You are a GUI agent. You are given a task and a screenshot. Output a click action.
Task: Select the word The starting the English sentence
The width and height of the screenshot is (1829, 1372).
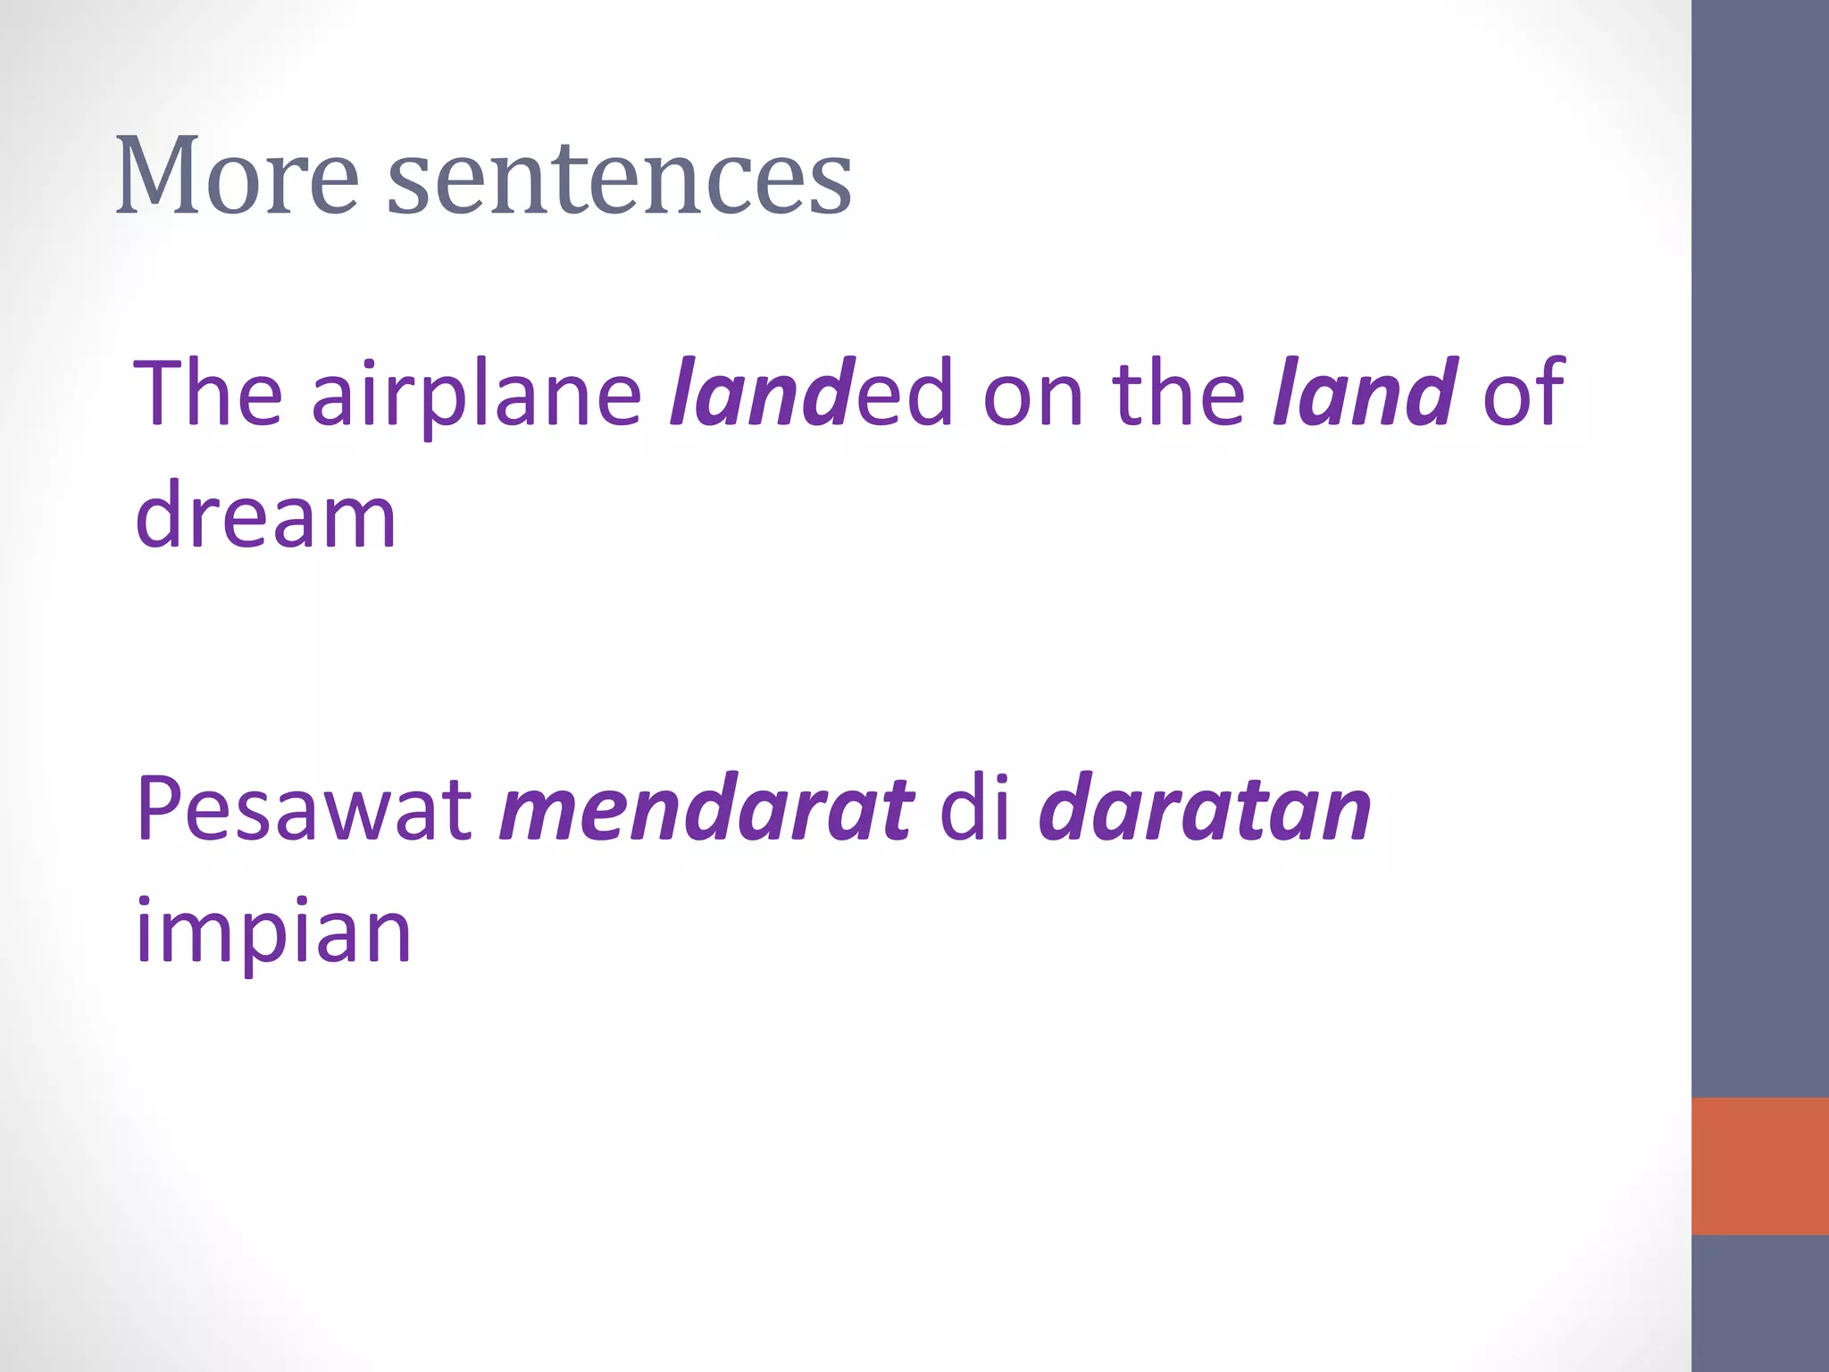(x=208, y=392)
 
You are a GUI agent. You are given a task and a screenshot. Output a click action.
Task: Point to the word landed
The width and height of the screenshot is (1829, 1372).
(x=811, y=392)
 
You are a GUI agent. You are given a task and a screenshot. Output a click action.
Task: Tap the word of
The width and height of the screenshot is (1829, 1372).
(x=1523, y=392)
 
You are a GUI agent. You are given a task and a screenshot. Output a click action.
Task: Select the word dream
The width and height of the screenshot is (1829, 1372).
(x=265, y=515)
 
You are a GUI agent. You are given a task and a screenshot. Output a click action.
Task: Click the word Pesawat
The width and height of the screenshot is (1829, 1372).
(x=304, y=809)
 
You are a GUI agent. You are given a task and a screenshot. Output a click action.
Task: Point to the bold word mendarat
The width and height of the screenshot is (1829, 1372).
(x=706, y=809)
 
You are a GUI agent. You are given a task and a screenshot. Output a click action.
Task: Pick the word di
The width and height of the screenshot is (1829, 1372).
(x=975, y=807)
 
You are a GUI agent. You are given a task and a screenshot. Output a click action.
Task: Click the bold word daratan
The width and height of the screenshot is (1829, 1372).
(x=1205, y=809)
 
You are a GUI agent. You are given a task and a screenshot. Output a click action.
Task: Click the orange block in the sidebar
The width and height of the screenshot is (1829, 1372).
(x=1759, y=1166)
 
